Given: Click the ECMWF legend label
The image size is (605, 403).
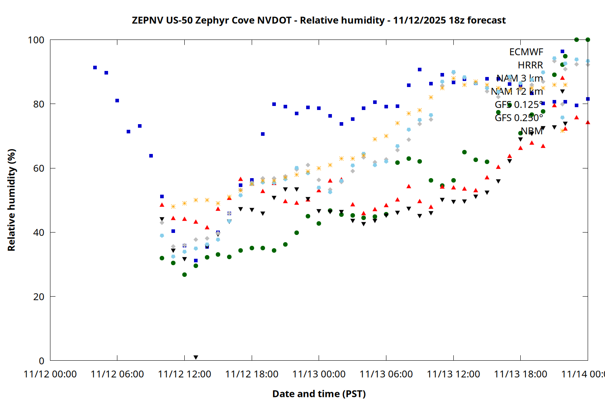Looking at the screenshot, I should [x=526, y=52].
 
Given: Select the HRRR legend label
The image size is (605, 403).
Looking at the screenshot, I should [x=530, y=65].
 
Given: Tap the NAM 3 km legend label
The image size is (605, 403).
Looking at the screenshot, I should [x=519, y=78].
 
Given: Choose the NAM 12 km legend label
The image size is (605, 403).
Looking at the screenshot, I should [x=517, y=91].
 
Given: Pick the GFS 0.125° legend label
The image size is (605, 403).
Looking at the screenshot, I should [x=519, y=105].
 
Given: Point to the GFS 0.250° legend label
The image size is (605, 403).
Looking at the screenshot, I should [x=519, y=118].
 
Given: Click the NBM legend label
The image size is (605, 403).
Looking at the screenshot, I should [x=532, y=131].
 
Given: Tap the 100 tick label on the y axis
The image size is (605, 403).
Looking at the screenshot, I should [x=36, y=40].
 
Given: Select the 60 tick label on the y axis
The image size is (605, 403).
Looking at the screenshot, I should [x=39, y=168].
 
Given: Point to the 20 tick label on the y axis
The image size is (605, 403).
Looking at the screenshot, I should [x=39, y=297].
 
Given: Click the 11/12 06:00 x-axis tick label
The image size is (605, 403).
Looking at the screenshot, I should [x=117, y=374].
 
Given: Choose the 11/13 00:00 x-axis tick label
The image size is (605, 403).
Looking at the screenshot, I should [x=319, y=374].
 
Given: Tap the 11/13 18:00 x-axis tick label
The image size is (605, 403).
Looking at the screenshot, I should [x=520, y=374].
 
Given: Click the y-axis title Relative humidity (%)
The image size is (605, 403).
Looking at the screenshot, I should [x=11, y=200].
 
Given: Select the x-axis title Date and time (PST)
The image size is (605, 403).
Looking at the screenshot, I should [x=319, y=394].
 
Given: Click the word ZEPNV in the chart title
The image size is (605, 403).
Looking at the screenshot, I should [x=148, y=20].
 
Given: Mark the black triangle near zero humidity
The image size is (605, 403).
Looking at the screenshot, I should [x=196, y=357].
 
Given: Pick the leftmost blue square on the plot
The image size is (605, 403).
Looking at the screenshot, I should [x=95, y=68].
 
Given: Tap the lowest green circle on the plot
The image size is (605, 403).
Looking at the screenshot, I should [x=184, y=275].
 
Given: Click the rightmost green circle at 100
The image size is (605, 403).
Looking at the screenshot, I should [x=588, y=40].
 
